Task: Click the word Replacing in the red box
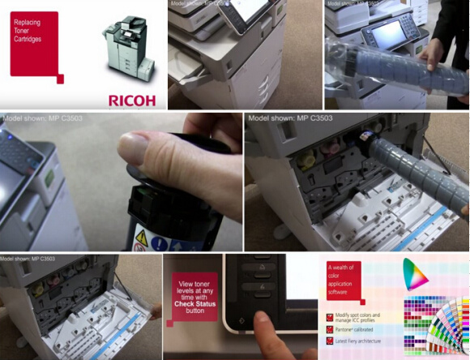click(x=28, y=22)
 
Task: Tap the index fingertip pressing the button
click(x=262, y=319)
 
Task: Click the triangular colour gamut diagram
click(x=416, y=276)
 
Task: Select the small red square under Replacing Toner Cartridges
click(x=59, y=78)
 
